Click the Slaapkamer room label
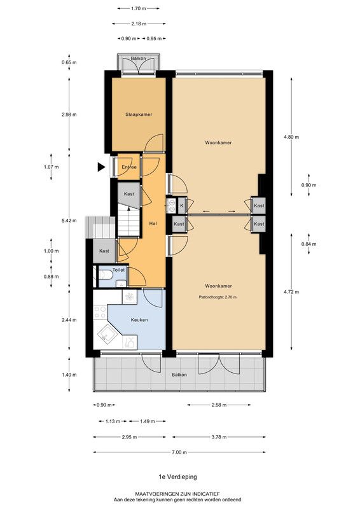139,115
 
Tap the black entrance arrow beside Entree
102,167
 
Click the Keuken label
139,320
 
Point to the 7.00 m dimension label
179,452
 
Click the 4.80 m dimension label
291,137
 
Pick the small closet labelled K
182,206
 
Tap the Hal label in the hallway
153,223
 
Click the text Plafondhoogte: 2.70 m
218,297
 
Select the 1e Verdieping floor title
177,477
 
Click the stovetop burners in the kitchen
100,312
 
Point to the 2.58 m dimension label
219,405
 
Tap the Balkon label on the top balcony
138,59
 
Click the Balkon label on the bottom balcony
179,375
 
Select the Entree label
129,167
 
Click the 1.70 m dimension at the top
139,8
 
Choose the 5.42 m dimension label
69,221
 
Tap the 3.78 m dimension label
219,437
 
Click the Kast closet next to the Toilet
104,251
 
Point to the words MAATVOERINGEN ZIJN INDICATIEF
177,494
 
